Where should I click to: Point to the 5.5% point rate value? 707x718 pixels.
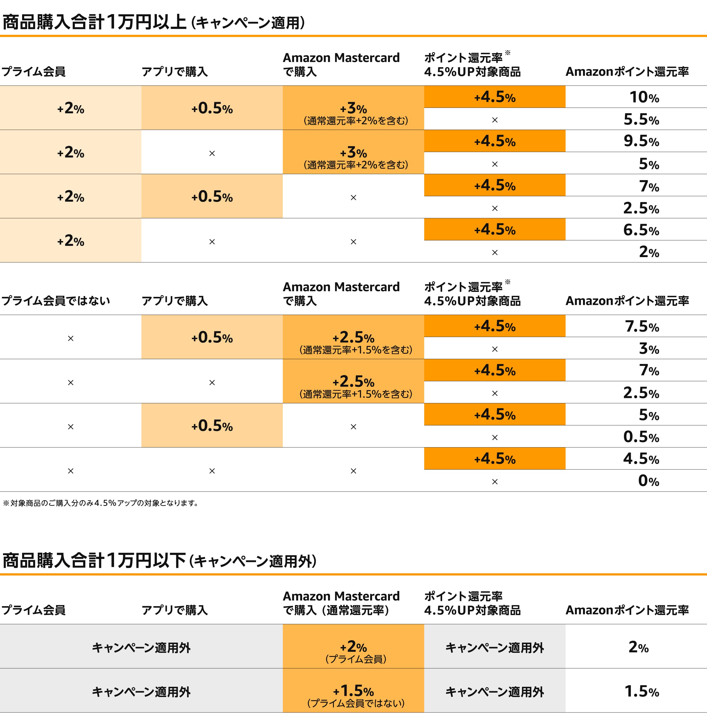point(641,120)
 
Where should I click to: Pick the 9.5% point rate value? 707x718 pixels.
point(641,141)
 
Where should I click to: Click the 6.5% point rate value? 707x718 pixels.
point(641,230)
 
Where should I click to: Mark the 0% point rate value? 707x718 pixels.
point(648,481)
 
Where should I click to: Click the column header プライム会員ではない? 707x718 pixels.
point(56,301)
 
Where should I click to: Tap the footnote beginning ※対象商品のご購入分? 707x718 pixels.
point(100,503)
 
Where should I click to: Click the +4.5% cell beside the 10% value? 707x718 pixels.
point(495,97)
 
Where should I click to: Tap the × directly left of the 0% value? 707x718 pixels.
point(495,482)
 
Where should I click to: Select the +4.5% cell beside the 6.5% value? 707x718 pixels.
point(495,230)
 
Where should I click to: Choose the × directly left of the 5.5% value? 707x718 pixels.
point(495,120)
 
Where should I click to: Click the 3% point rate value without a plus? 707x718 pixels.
point(648,349)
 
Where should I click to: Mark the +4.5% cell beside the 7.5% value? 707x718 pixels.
point(495,326)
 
